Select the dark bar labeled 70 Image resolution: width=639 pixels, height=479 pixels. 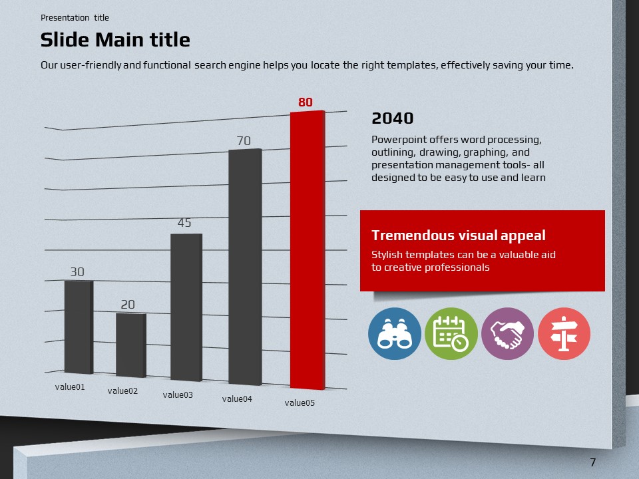point(244,267)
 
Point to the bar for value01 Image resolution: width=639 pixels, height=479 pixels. point(79,327)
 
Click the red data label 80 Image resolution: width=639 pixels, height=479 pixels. point(306,102)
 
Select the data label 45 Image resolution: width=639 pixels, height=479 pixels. point(184,223)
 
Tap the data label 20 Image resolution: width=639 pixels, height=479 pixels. point(128,305)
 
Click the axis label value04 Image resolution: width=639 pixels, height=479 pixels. point(237,399)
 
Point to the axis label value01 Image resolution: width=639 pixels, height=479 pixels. point(70,387)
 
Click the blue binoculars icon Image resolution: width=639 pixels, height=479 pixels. point(395,334)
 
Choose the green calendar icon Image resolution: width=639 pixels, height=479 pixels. point(451,334)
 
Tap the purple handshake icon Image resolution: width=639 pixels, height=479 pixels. point(507,334)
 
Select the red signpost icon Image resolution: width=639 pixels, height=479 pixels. point(564,334)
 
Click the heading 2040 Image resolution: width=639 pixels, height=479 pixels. point(393,118)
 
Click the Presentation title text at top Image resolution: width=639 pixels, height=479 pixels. point(75,18)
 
